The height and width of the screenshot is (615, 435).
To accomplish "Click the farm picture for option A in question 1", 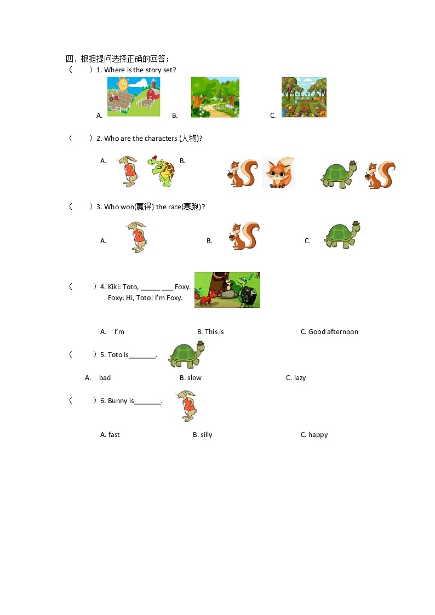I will pyautogui.click(x=134, y=97).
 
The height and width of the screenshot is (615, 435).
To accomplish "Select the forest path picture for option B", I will pyautogui.click(x=215, y=97).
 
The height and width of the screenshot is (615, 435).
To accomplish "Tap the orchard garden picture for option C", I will pyautogui.click(x=304, y=97).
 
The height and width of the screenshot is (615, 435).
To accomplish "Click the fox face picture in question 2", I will pyautogui.click(x=278, y=173).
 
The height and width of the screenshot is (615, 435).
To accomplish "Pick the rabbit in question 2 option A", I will pyautogui.click(x=129, y=171).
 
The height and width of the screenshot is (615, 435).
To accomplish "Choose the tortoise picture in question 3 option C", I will pyautogui.click(x=342, y=235).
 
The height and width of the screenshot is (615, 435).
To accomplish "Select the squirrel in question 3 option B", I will pyautogui.click(x=244, y=236).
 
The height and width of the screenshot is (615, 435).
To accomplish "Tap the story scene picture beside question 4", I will pyautogui.click(x=227, y=290).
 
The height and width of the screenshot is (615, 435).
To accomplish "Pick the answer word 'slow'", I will pyautogui.click(x=194, y=378).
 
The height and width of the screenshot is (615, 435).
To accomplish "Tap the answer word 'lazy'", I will pyautogui.click(x=300, y=378).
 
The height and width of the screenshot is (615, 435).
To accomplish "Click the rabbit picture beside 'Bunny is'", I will pyautogui.click(x=187, y=406).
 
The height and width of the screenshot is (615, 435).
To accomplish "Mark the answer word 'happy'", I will pyautogui.click(x=318, y=435).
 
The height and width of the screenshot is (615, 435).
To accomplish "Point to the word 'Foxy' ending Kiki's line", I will pyautogui.click(x=182, y=287).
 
